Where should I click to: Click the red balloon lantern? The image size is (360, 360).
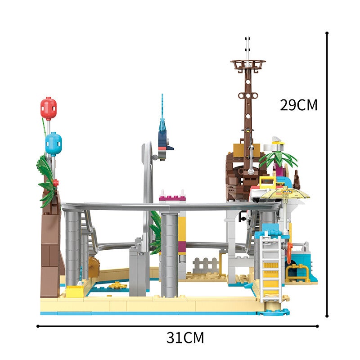[x=49, y=108]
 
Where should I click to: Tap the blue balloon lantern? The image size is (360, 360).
[x=54, y=144]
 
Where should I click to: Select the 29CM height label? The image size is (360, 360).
[x=298, y=105]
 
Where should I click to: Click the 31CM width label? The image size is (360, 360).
[x=185, y=337]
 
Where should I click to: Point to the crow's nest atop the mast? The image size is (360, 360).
[x=248, y=64]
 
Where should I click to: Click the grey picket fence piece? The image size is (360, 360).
[x=205, y=265]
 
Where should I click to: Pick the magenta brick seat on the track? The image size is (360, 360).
[x=172, y=198]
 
